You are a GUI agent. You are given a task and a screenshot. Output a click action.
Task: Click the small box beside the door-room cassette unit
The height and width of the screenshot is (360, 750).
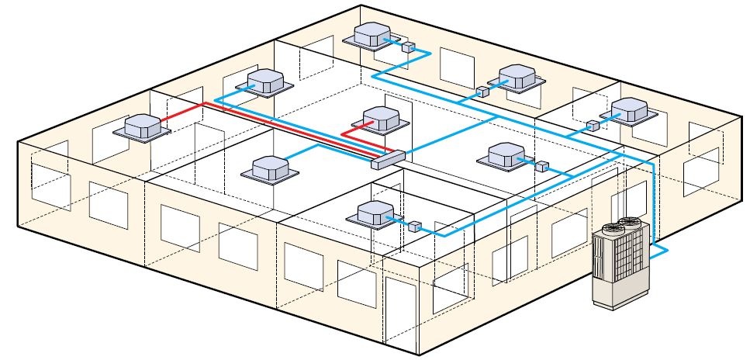pos(414,227)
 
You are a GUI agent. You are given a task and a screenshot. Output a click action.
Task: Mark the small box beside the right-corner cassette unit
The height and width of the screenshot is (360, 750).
pos(592,125)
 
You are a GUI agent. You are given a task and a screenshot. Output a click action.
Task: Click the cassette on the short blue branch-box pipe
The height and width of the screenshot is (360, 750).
pos(268,167)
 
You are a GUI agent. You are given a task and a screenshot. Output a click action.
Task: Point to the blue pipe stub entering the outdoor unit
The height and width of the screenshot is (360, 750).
pos(658,251)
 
